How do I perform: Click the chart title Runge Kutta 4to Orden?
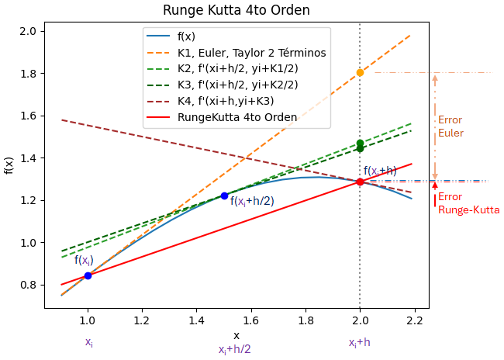click(x=236, y=11)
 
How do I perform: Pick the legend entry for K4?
click(x=226, y=101)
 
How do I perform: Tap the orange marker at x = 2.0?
click(x=360, y=73)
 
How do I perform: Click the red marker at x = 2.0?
click(x=360, y=182)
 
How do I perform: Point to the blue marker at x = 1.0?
click(x=88, y=275)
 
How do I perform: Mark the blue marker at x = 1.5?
click(x=224, y=196)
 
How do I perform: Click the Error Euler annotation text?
click(x=450, y=126)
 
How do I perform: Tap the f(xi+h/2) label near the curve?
click(x=252, y=202)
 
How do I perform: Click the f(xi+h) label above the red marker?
click(x=380, y=171)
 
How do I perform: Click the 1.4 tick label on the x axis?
click(x=196, y=319)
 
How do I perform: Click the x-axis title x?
click(x=236, y=335)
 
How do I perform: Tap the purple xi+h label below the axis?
click(x=359, y=342)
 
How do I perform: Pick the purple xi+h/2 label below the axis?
click(x=234, y=349)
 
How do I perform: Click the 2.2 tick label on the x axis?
click(x=414, y=319)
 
